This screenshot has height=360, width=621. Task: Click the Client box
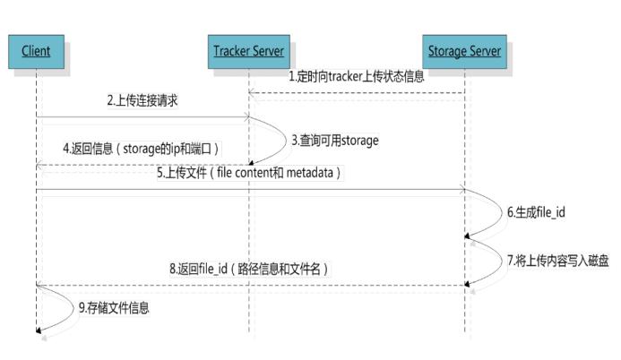pos(37,51)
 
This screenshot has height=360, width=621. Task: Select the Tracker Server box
pos(249,51)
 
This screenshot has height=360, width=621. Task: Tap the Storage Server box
pos(464,51)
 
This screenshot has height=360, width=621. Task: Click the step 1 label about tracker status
pos(356,76)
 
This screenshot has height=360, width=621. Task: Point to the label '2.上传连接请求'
pos(142,100)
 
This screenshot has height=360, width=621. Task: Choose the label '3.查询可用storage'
pos(335,141)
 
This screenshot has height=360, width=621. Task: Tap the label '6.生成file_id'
pos(536,212)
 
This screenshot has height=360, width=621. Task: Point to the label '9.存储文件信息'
pos(114,308)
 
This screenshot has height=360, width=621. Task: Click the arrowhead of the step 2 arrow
pos(246,116)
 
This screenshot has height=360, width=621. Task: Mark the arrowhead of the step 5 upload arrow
pos(461,190)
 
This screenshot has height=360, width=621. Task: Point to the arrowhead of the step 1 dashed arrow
pos(253,91)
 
